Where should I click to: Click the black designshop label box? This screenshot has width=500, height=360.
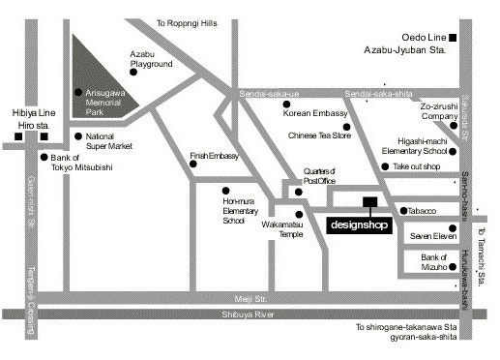tap(357, 225)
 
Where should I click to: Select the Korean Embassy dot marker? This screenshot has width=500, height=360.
tap(286, 104)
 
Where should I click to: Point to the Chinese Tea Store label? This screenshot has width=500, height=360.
tap(318, 135)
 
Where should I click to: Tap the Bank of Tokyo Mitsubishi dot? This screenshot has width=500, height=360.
tap(43, 157)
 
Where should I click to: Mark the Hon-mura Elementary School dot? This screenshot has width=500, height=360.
tap(225, 190)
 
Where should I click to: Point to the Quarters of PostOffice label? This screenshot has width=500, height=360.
tap(319, 174)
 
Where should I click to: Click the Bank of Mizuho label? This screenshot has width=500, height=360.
tap(433, 262)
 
